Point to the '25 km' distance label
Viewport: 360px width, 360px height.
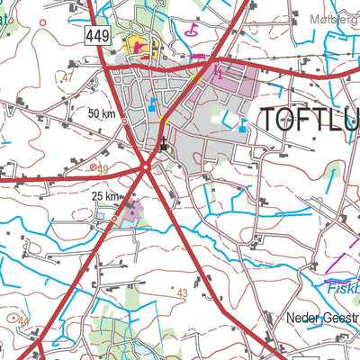[104, 196]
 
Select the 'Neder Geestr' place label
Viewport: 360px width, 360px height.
[322, 319]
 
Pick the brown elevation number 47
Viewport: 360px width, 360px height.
[67, 78]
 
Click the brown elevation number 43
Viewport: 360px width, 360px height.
[183, 293]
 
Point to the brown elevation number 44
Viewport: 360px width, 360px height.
[23, 321]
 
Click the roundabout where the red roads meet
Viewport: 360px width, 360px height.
[146, 166]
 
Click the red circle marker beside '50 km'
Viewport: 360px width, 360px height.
[124, 123]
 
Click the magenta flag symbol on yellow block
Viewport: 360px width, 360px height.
[139, 45]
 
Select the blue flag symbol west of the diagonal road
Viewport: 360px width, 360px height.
[152, 104]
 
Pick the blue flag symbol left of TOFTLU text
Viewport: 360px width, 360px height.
[243, 126]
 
